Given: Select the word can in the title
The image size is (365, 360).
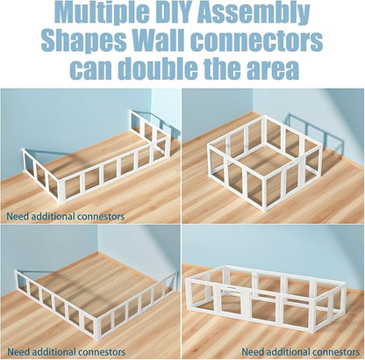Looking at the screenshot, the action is coord(92,71).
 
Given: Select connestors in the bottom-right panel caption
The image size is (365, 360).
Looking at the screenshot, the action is coord(336,352).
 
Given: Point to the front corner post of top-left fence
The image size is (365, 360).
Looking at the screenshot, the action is coord(61,192).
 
